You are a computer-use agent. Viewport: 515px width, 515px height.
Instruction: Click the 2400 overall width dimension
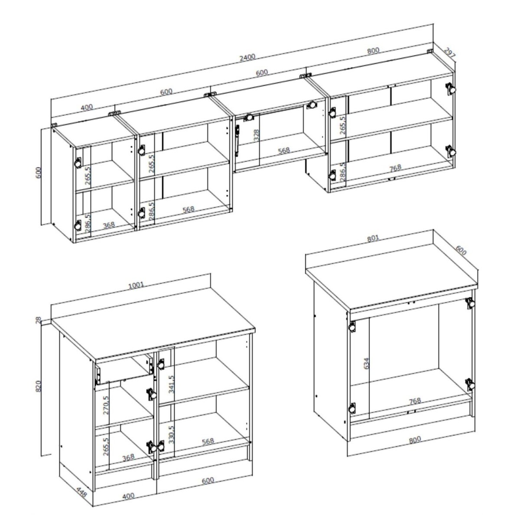click(248, 58)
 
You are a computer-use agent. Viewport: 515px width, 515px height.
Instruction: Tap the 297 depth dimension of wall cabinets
click(450, 52)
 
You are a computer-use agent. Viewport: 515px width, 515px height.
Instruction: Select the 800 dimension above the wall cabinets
click(373, 51)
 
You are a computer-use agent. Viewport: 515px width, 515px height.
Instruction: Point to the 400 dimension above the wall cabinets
click(87, 107)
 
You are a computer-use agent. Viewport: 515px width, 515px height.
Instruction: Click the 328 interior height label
click(257, 135)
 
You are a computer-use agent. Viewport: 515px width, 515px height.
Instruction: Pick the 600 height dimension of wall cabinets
click(39, 173)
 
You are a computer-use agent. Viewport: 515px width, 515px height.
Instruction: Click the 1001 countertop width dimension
click(136, 285)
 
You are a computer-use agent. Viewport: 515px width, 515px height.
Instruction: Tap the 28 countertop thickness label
click(39, 319)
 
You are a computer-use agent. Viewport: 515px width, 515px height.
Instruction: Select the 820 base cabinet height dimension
click(39, 386)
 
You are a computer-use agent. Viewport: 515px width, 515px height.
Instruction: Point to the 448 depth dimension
click(81, 492)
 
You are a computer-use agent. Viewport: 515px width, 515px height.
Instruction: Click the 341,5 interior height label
click(171, 384)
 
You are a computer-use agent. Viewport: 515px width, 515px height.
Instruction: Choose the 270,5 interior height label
click(105, 405)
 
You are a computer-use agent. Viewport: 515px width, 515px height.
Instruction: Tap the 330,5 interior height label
click(171, 434)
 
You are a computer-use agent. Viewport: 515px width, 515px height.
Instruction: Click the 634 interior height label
click(367, 363)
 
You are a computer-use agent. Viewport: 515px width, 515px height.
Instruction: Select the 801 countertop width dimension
click(373, 238)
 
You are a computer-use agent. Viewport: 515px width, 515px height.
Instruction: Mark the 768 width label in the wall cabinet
click(395, 168)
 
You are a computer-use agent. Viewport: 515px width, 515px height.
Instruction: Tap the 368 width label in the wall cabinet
click(109, 225)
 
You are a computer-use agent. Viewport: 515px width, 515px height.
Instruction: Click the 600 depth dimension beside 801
click(460, 251)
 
